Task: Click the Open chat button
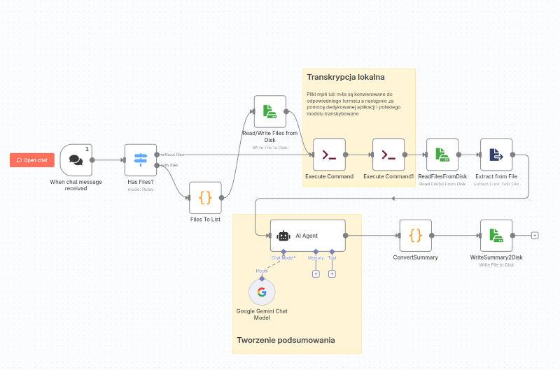tap(32, 160)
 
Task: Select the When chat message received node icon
tap(76, 160)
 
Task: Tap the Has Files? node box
tap(141, 160)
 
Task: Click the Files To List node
tap(205, 198)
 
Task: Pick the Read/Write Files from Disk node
tap(269, 112)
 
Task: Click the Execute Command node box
tap(329, 155)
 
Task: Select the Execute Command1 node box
tap(388, 155)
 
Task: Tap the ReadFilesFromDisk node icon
tap(442, 155)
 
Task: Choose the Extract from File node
tap(496, 155)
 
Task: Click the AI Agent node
tap(308, 236)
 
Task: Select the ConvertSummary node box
tap(415, 236)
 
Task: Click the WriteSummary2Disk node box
tap(496, 236)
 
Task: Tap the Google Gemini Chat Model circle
tap(262, 292)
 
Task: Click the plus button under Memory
tap(316, 273)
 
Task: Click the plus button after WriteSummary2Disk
tap(535, 236)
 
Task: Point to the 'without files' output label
tap(172, 154)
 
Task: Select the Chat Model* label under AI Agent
tap(283, 258)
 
